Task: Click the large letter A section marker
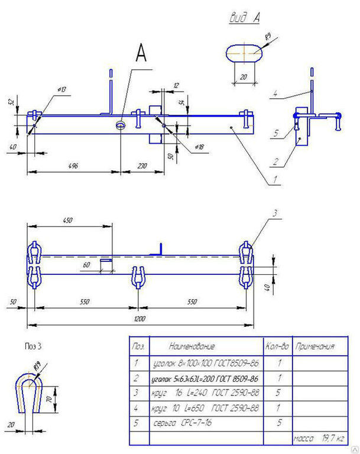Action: [x=141, y=54]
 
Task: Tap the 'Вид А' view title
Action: [x=245, y=18]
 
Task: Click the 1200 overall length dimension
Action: [x=140, y=318]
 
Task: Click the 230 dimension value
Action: [x=142, y=166]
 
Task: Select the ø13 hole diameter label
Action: [x=61, y=89]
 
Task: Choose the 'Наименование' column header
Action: [x=192, y=346]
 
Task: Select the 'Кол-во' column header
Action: [x=275, y=346]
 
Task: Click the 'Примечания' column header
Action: [x=314, y=346]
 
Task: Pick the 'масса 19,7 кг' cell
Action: [x=316, y=439]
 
